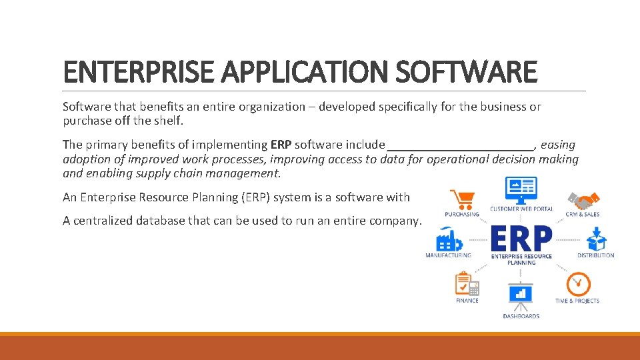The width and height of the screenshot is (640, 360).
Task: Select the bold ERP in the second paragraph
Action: (281, 145)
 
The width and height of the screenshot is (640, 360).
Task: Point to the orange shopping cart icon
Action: (462, 199)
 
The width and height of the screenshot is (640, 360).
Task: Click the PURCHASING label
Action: (462, 215)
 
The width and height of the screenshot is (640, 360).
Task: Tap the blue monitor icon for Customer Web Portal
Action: (521, 190)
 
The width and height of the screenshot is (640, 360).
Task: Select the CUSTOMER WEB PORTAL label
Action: (521, 209)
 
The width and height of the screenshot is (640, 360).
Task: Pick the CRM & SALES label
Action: (582, 215)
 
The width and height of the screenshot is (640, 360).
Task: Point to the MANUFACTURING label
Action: (448, 255)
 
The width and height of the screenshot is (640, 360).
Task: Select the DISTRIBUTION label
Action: (595, 255)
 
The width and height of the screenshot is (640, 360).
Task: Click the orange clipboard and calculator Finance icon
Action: (467, 285)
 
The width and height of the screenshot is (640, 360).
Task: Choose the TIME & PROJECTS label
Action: (577, 301)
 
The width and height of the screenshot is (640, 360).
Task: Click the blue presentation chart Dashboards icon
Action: (521, 295)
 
